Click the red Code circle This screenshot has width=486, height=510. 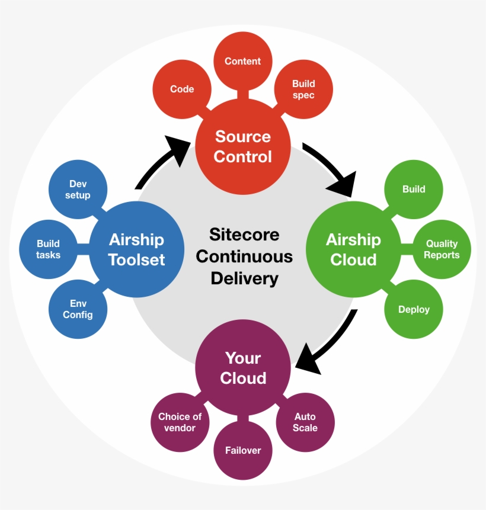pyautogui.click(x=182, y=89)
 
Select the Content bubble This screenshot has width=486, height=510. pyautogui.click(x=242, y=62)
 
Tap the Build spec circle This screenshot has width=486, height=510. pyautogui.click(x=303, y=89)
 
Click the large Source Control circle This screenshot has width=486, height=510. pyautogui.click(x=243, y=146)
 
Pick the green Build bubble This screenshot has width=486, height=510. pyautogui.click(x=414, y=190)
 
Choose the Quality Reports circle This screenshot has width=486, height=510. pyautogui.click(x=442, y=249)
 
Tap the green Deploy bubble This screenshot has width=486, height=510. pyautogui.click(x=414, y=309)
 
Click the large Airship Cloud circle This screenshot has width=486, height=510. pyautogui.click(x=353, y=249)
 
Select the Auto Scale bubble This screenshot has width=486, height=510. pyautogui.click(x=305, y=422)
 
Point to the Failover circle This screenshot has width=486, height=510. pyautogui.click(x=243, y=450)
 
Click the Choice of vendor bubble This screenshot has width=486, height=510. pyautogui.click(x=180, y=422)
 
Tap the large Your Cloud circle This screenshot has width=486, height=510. pyautogui.click(x=243, y=368)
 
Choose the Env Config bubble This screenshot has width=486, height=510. pyautogui.click(x=78, y=309)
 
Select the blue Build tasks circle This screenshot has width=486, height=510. pyautogui.click(x=49, y=249)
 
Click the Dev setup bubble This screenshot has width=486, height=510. pyautogui.click(x=78, y=190)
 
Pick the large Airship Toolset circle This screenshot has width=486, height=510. pyautogui.click(x=137, y=249)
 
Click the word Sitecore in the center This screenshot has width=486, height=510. pyautogui.click(x=244, y=235)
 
